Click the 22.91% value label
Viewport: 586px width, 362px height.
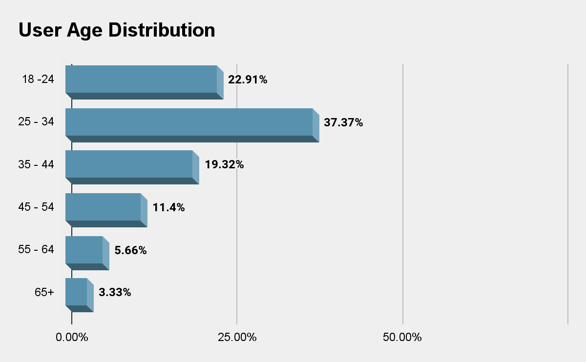tap(248, 80)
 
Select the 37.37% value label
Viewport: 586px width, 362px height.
tap(343, 122)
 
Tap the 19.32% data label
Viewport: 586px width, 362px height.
tap(224, 165)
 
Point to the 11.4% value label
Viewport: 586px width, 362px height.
tap(168, 207)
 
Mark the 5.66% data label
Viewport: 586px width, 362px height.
tap(130, 250)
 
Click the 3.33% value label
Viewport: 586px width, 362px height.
tap(115, 292)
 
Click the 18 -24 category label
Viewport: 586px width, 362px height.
tap(38, 79)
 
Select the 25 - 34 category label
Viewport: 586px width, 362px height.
tap(36, 122)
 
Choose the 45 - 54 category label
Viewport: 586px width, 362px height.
tap(36, 207)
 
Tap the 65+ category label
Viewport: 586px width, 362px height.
tap(44, 292)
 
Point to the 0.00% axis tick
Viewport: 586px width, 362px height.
tap(72, 337)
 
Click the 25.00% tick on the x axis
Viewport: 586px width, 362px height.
tap(237, 337)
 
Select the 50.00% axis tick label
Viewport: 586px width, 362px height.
tap(402, 337)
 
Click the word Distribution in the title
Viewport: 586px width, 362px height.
tap(162, 30)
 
